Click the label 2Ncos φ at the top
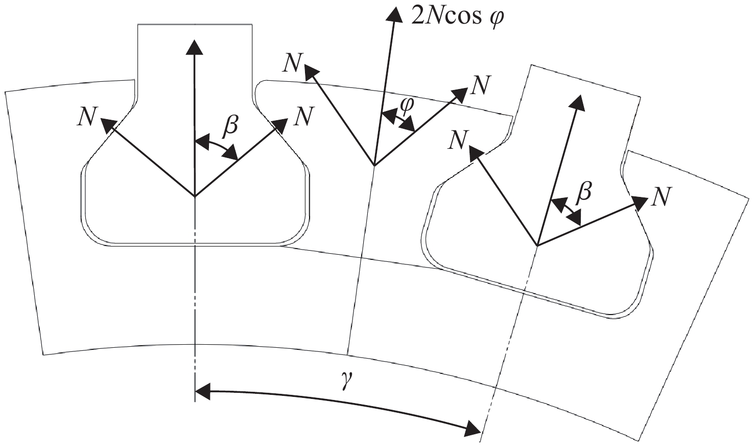click(x=457, y=17)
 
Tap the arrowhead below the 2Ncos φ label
click(x=394, y=15)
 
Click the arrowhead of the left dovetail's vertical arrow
click(x=194, y=47)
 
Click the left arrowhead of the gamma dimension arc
click(x=203, y=392)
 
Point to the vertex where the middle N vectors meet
click(x=374, y=166)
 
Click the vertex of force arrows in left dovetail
click(x=195, y=196)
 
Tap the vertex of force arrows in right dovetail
click(x=537, y=245)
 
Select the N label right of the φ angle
click(x=480, y=85)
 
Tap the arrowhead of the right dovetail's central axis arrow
click(x=577, y=102)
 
